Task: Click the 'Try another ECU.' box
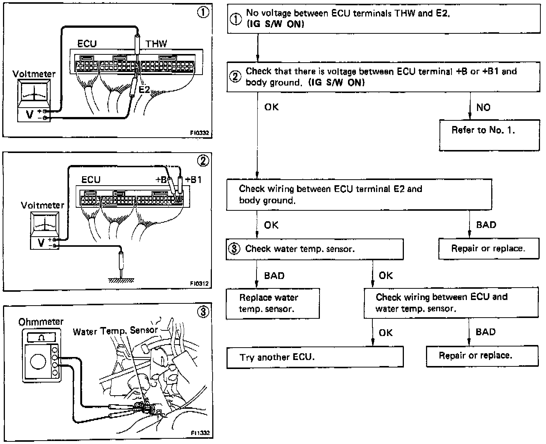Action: pos(315,357)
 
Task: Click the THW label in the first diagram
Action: pos(156,44)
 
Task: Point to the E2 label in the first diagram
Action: pos(144,90)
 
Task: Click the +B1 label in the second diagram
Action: pos(193,180)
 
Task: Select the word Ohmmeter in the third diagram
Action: pos(41,322)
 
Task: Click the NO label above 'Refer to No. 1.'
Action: pos(483,107)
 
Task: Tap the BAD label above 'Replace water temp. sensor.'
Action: pos(274,276)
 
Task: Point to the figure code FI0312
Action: pos(199,284)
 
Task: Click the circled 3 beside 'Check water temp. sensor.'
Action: pos(234,249)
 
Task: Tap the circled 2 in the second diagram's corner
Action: pos(203,161)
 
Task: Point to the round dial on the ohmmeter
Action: pos(38,362)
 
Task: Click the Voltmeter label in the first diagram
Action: pos(34,74)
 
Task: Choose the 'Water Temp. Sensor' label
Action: pos(115,331)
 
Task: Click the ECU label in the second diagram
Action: pos(91,180)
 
